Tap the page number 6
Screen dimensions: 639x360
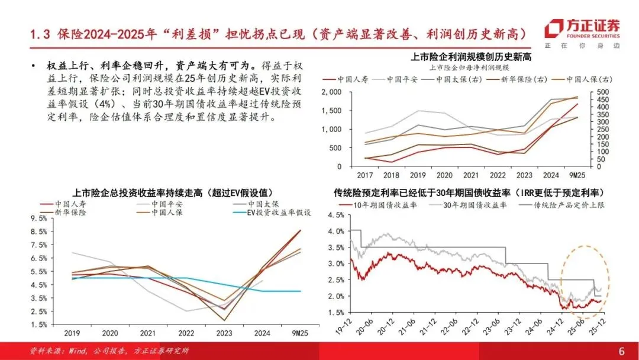coord(621,351)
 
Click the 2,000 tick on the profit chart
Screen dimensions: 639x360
coord(331,92)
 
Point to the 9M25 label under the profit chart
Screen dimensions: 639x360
coord(577,175)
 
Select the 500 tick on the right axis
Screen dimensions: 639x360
coord(602,92)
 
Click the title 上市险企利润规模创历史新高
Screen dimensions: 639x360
coord(471,57)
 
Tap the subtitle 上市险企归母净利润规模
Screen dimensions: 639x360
coord(469,67)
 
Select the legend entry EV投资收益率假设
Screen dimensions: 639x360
coord(272,213)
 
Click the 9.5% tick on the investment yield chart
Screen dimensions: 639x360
coord(38,218)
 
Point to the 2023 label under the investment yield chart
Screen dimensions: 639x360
coord(224,333)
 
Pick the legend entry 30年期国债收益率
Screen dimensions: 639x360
coord(468,205)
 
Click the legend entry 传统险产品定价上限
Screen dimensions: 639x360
coord(562,205)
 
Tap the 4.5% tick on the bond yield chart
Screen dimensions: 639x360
coord(336,216)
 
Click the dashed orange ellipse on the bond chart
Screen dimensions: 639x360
coord(561,281)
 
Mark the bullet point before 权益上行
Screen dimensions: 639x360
coord(33,66)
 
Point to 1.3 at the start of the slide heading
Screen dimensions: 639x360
coord(40,34)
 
